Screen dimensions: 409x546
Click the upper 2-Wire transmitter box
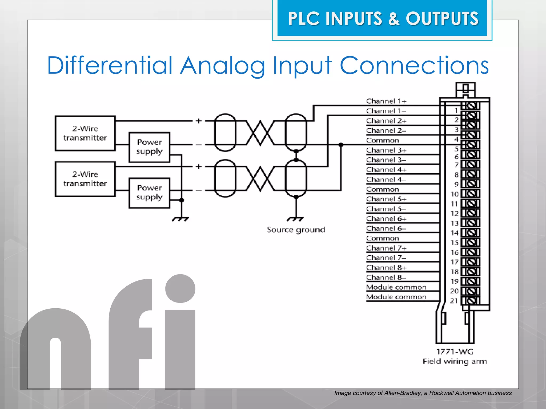pyautogui.click(x=85, y=133)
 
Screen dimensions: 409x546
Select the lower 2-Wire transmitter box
pyautogui.click(x=85, y=179)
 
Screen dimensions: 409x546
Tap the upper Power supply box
pyautogui.click(x=149, y=147)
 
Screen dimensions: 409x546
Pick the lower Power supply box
pyautogui.click(x=149, y=193)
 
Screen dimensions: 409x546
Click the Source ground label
pyautogui.click(x=296, y=230)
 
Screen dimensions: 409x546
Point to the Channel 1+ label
pyautogui.click(x=386, y=101)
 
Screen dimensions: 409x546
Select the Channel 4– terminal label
pyautogui.click(x=386, y=180)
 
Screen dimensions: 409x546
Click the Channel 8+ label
pyautogui.click(x=386, y=268)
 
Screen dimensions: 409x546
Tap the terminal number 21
pyautogui.click(x=454, y=301)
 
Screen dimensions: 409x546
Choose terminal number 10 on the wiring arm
pyautogui.click(x=455, y=194)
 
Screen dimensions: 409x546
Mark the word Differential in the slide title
pyautogui.click(x=110, y=66)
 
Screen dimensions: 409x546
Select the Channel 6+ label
pyautogui.click(x=386, y=219)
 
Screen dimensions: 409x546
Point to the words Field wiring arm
pyautogui.click(x=455, y=362)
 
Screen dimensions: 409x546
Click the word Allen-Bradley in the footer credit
pyautogui.click(x=402, y=393)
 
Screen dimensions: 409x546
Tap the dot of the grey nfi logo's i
pyautogui.click(x=180, y=289)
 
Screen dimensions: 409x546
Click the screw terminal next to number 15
pyautogui.click(x=471, y=243)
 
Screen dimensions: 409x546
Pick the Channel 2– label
pyautogui.click(x=386, y=131)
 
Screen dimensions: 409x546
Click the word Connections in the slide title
pyautogui.click(x=414, y=66)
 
